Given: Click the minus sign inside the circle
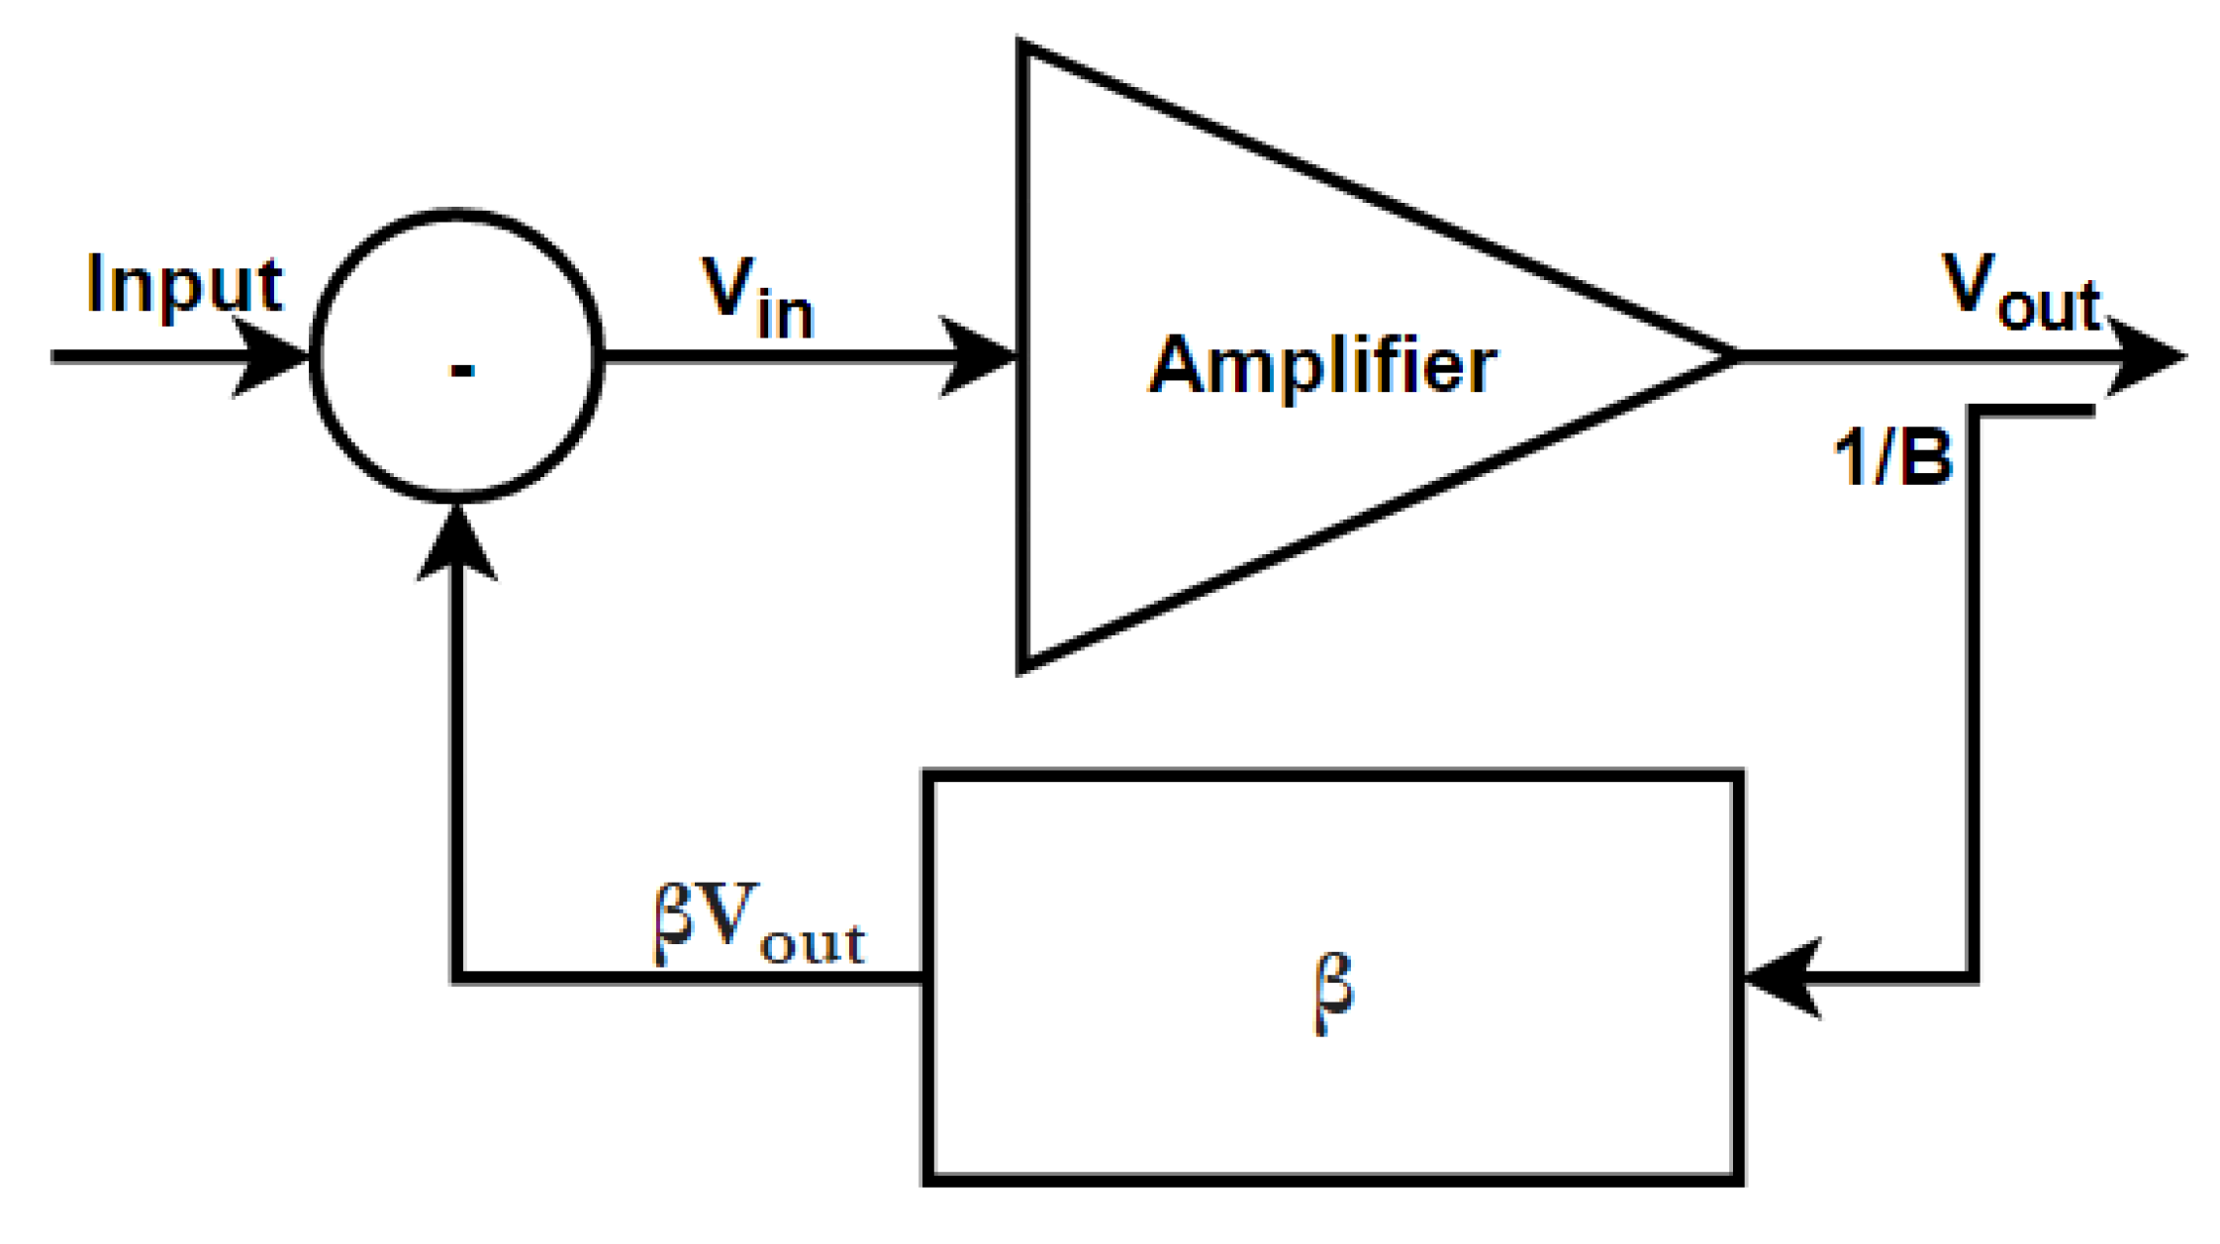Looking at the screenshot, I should click(x=462, y=371).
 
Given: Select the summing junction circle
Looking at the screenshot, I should click(x=456, y=247).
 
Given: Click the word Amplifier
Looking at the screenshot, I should click(x=1322, y=366).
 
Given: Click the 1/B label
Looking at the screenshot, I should click(x=1892, y=458).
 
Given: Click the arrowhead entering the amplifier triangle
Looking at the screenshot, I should click(x=980, y=356).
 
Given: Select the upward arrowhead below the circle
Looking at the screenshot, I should click(x=456, y=544).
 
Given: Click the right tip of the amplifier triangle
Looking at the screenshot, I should click(x=1734, y=356).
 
